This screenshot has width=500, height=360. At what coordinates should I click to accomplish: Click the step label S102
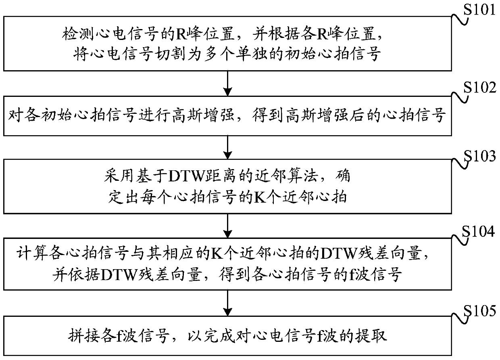tap(481, 88)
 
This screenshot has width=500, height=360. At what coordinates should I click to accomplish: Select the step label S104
tap(481, 231)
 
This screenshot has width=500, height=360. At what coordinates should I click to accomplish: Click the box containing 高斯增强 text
tap(228, 116)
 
